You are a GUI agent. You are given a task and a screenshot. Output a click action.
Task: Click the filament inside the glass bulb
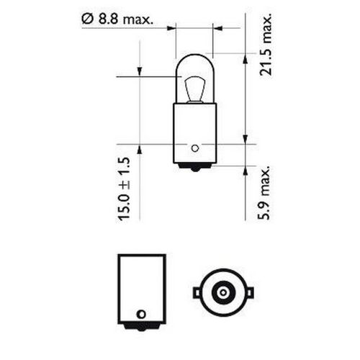click(194, 89)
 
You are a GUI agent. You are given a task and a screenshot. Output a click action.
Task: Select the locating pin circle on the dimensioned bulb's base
click(194, 149)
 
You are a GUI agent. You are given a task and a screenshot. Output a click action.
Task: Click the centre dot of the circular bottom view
click(224, 293)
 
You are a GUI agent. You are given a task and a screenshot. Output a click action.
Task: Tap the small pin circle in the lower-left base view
click(141, 314)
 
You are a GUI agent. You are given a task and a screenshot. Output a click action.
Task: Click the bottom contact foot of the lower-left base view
click(141, 329)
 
